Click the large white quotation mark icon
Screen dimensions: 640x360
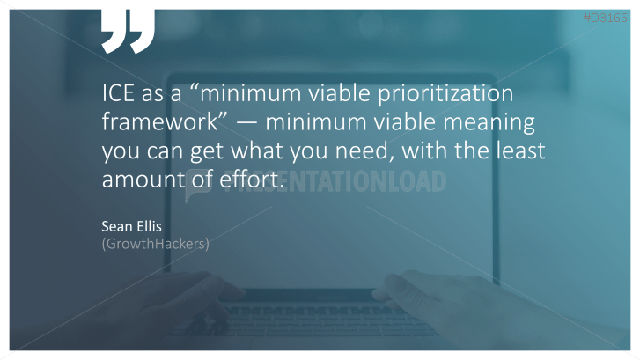(128, 32)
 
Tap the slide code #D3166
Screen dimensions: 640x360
(605, 18)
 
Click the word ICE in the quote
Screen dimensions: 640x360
(118, 93)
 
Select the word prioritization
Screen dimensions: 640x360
(445, 94)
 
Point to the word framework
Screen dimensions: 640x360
(159, 121)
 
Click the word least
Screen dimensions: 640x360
(520, 151)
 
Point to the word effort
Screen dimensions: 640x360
(251, 179)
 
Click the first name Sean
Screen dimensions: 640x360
(116, 226)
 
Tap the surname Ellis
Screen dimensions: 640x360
(148, 226)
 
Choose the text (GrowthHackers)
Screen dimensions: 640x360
(156, 244)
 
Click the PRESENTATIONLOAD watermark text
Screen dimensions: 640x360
(335, 181)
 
